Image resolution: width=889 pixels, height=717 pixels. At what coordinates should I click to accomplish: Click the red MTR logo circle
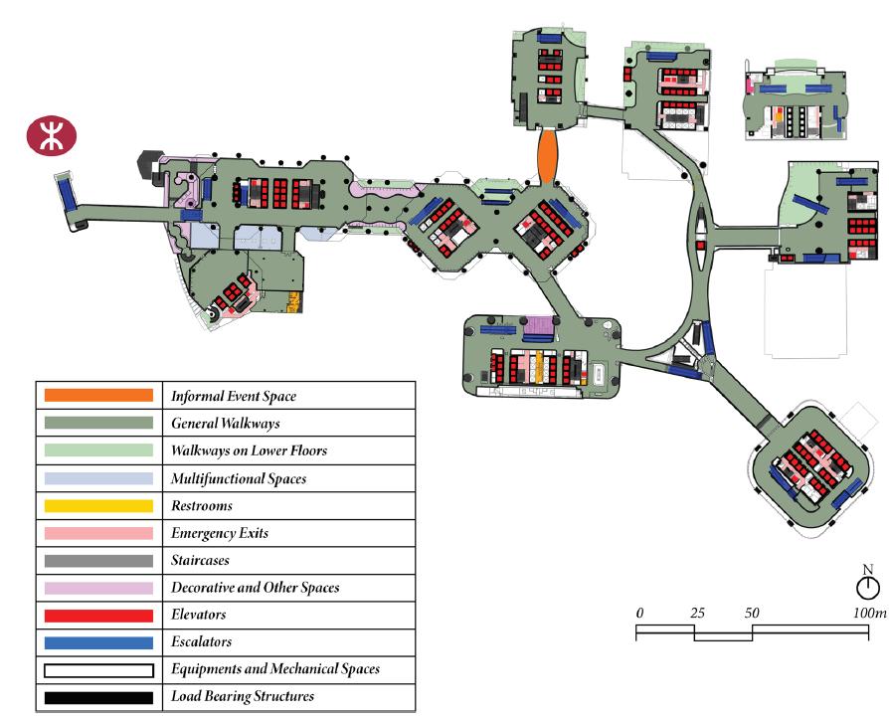[x=52, y=136]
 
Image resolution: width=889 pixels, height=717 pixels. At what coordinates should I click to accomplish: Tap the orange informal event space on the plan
[x=546, y=155]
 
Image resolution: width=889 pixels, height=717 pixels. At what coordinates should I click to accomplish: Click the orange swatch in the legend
[x=98, y=396]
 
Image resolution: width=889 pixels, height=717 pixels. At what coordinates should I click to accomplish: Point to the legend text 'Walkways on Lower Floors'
[x=249, y=450]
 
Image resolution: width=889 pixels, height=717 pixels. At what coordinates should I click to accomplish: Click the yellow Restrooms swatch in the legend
[x=98, y=505]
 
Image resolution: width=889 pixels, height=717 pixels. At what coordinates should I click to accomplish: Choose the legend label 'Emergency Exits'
[x=220, y=533]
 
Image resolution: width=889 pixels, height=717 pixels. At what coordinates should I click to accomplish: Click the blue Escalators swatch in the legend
[x=98, y=642]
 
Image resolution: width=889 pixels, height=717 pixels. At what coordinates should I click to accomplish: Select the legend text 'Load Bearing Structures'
[x=243, y=696]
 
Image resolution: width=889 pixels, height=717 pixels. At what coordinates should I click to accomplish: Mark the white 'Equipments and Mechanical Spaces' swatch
[x=98, y=669]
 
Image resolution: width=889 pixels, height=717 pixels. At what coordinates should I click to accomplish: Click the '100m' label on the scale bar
[x=869, y=612]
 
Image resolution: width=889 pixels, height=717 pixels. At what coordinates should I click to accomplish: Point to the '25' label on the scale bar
[x=697, y=612]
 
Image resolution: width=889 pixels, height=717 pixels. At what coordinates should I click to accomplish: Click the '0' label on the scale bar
[x=639, y=612]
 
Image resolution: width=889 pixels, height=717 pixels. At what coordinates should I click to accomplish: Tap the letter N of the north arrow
[x=868, y=570]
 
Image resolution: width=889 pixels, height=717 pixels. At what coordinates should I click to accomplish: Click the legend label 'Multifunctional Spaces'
[x=239, y=478]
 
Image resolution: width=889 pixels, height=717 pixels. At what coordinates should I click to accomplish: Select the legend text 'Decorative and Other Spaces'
[x=255, y=588]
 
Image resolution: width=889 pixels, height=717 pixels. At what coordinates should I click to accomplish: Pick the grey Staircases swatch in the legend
[x=98, y=561]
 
